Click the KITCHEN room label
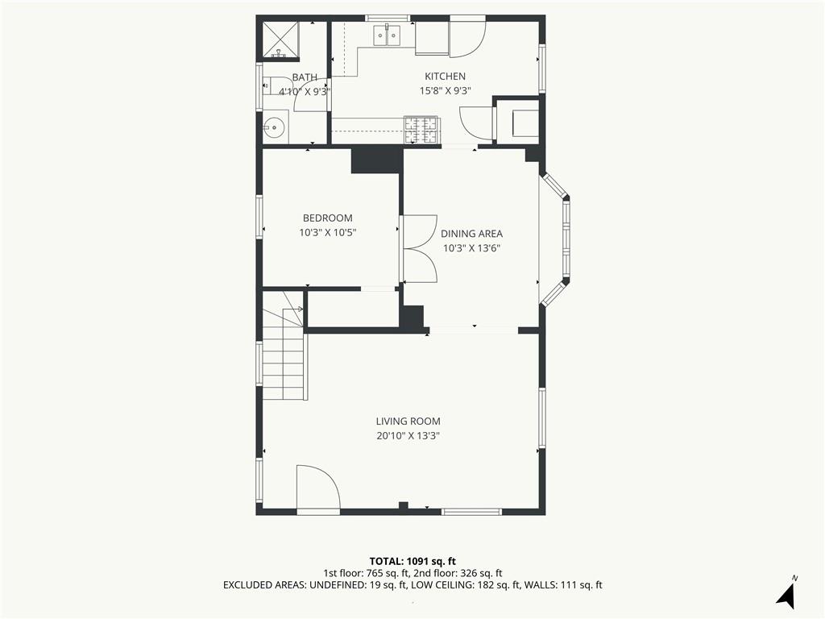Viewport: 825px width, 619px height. click(445, 77)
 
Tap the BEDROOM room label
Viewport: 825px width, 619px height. click(328, 218)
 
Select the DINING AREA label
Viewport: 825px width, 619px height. click(471, 234)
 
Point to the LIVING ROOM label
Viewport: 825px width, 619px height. click(408, 421)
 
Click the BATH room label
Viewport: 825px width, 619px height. click(305, 77)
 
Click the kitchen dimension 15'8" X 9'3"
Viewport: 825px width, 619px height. click(445, 90)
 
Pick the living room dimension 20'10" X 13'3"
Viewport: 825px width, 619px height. click(408, 436)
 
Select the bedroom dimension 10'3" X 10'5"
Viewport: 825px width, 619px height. click(328, 233)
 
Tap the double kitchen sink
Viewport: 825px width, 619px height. click(387, 35)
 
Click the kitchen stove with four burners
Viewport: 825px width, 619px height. click(421, 130)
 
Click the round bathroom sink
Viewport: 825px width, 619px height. click(275, 127)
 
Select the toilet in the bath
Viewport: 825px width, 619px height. click(271, 85)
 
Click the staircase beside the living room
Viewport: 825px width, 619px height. click(283, 345)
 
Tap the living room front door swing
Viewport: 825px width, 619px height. click(317, 488)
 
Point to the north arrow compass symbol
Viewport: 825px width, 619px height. click(787, 592)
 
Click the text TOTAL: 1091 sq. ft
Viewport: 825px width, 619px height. click(412, 561)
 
